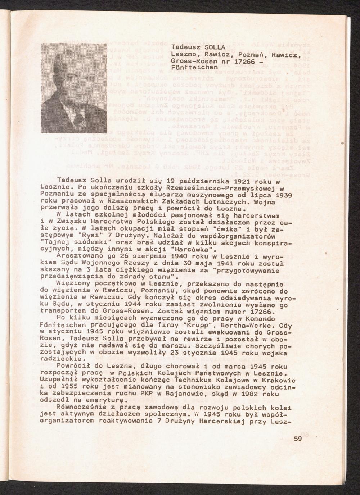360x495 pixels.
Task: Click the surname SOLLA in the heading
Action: point(215,47)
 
